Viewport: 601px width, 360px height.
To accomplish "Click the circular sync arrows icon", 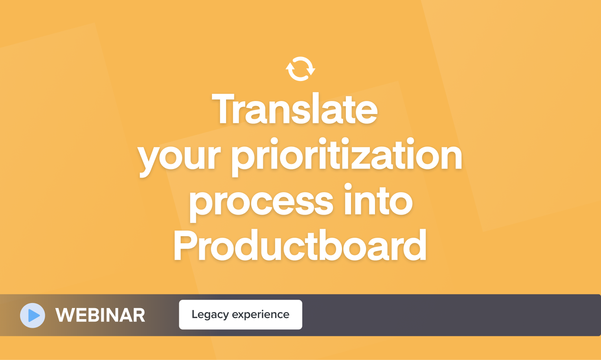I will [x=300, y=69].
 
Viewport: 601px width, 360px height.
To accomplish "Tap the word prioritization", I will [x=347, y=156].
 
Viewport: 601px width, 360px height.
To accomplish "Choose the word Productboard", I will [x=300, y=246].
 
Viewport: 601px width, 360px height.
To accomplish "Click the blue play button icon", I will [x=33, y=315].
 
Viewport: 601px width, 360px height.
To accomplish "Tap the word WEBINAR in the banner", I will [x=100, y=315].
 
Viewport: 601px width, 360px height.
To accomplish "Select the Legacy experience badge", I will [x=241, y=314].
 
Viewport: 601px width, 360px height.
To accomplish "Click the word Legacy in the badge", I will [x=210, y=315].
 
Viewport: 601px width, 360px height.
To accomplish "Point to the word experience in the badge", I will [x=261, y=315].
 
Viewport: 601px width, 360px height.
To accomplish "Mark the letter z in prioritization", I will [x=375, y=157].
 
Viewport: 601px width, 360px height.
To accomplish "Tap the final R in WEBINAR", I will [x=138, y=315].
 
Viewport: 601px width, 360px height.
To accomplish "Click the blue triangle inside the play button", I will [x=34, y=315].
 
